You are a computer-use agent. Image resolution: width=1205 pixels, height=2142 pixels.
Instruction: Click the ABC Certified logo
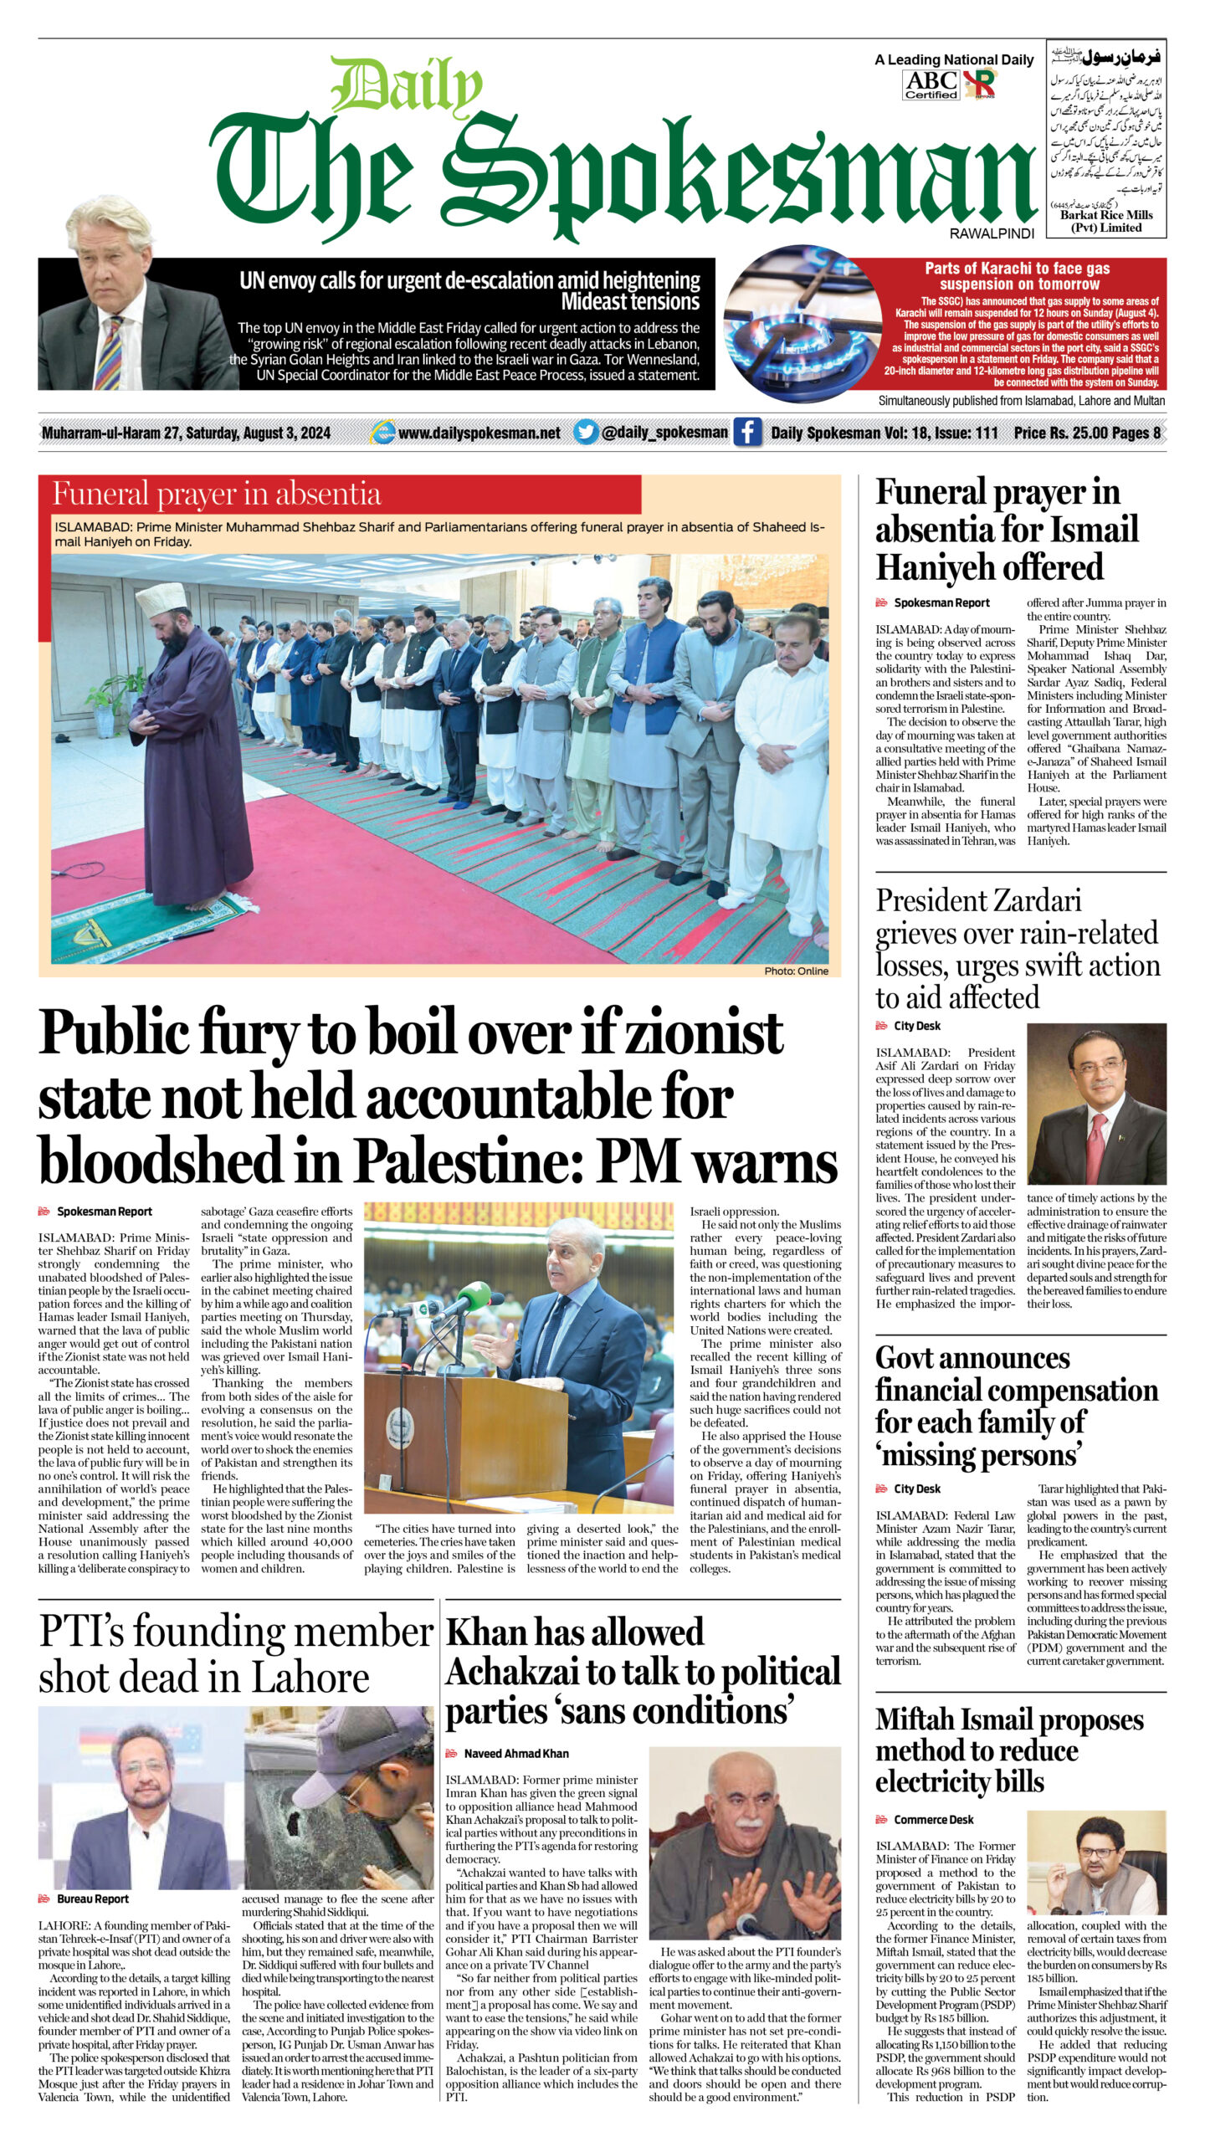931,85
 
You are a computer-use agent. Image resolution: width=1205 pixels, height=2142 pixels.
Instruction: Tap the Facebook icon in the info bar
747,433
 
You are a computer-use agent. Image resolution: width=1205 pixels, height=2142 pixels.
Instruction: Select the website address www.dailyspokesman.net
479,433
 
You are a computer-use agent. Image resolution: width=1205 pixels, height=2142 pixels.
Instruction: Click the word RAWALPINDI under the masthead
992,234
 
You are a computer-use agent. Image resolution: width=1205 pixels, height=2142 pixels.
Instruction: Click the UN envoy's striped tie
110,351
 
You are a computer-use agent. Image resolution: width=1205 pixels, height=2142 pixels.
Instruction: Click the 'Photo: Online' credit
796,971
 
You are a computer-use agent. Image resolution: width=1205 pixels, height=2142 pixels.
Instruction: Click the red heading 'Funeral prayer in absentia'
217,495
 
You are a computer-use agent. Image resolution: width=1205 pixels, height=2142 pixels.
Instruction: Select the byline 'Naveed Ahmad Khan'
515,1754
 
